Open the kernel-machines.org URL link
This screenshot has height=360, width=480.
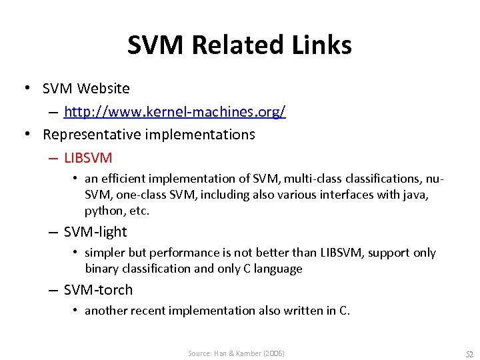tap(175, 111)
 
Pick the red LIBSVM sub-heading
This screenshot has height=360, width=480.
tap(88, 158)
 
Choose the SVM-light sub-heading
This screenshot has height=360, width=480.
tap(95, 232)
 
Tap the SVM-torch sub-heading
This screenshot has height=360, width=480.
tap(98, 290)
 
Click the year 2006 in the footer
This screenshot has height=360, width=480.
tap(274, 353)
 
